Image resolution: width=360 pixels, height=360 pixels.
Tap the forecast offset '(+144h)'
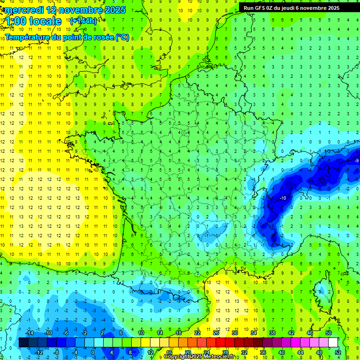(x=83, y=21)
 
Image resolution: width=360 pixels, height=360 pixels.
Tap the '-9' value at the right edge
(x=356, y=161)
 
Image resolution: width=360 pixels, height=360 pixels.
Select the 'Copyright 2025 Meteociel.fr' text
(x=199, y=357)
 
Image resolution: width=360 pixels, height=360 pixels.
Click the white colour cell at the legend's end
(x=333, y=343)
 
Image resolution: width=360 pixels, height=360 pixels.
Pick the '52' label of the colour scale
(x=338, y=352)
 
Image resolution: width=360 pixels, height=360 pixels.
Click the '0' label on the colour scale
(x=92, y=352)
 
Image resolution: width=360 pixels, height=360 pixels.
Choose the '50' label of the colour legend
(x=328, y=333)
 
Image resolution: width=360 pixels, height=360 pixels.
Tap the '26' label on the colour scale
(x=216, y=333)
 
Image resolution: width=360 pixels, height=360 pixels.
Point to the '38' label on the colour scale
(x=272, y=333)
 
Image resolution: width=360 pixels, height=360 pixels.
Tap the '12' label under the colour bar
(x=150, y=352)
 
